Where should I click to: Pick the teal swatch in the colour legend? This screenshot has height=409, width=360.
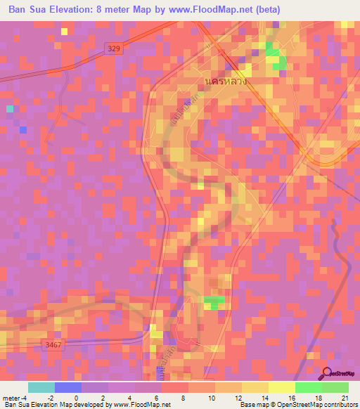tap(41, 387)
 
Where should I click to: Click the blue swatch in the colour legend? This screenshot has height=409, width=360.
tap(68, 387)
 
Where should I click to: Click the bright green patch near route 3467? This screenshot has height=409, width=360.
tap(214, 302)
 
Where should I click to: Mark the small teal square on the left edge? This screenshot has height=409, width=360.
tap(9, 109)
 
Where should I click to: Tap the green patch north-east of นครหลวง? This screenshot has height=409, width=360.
tap(275, 56)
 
